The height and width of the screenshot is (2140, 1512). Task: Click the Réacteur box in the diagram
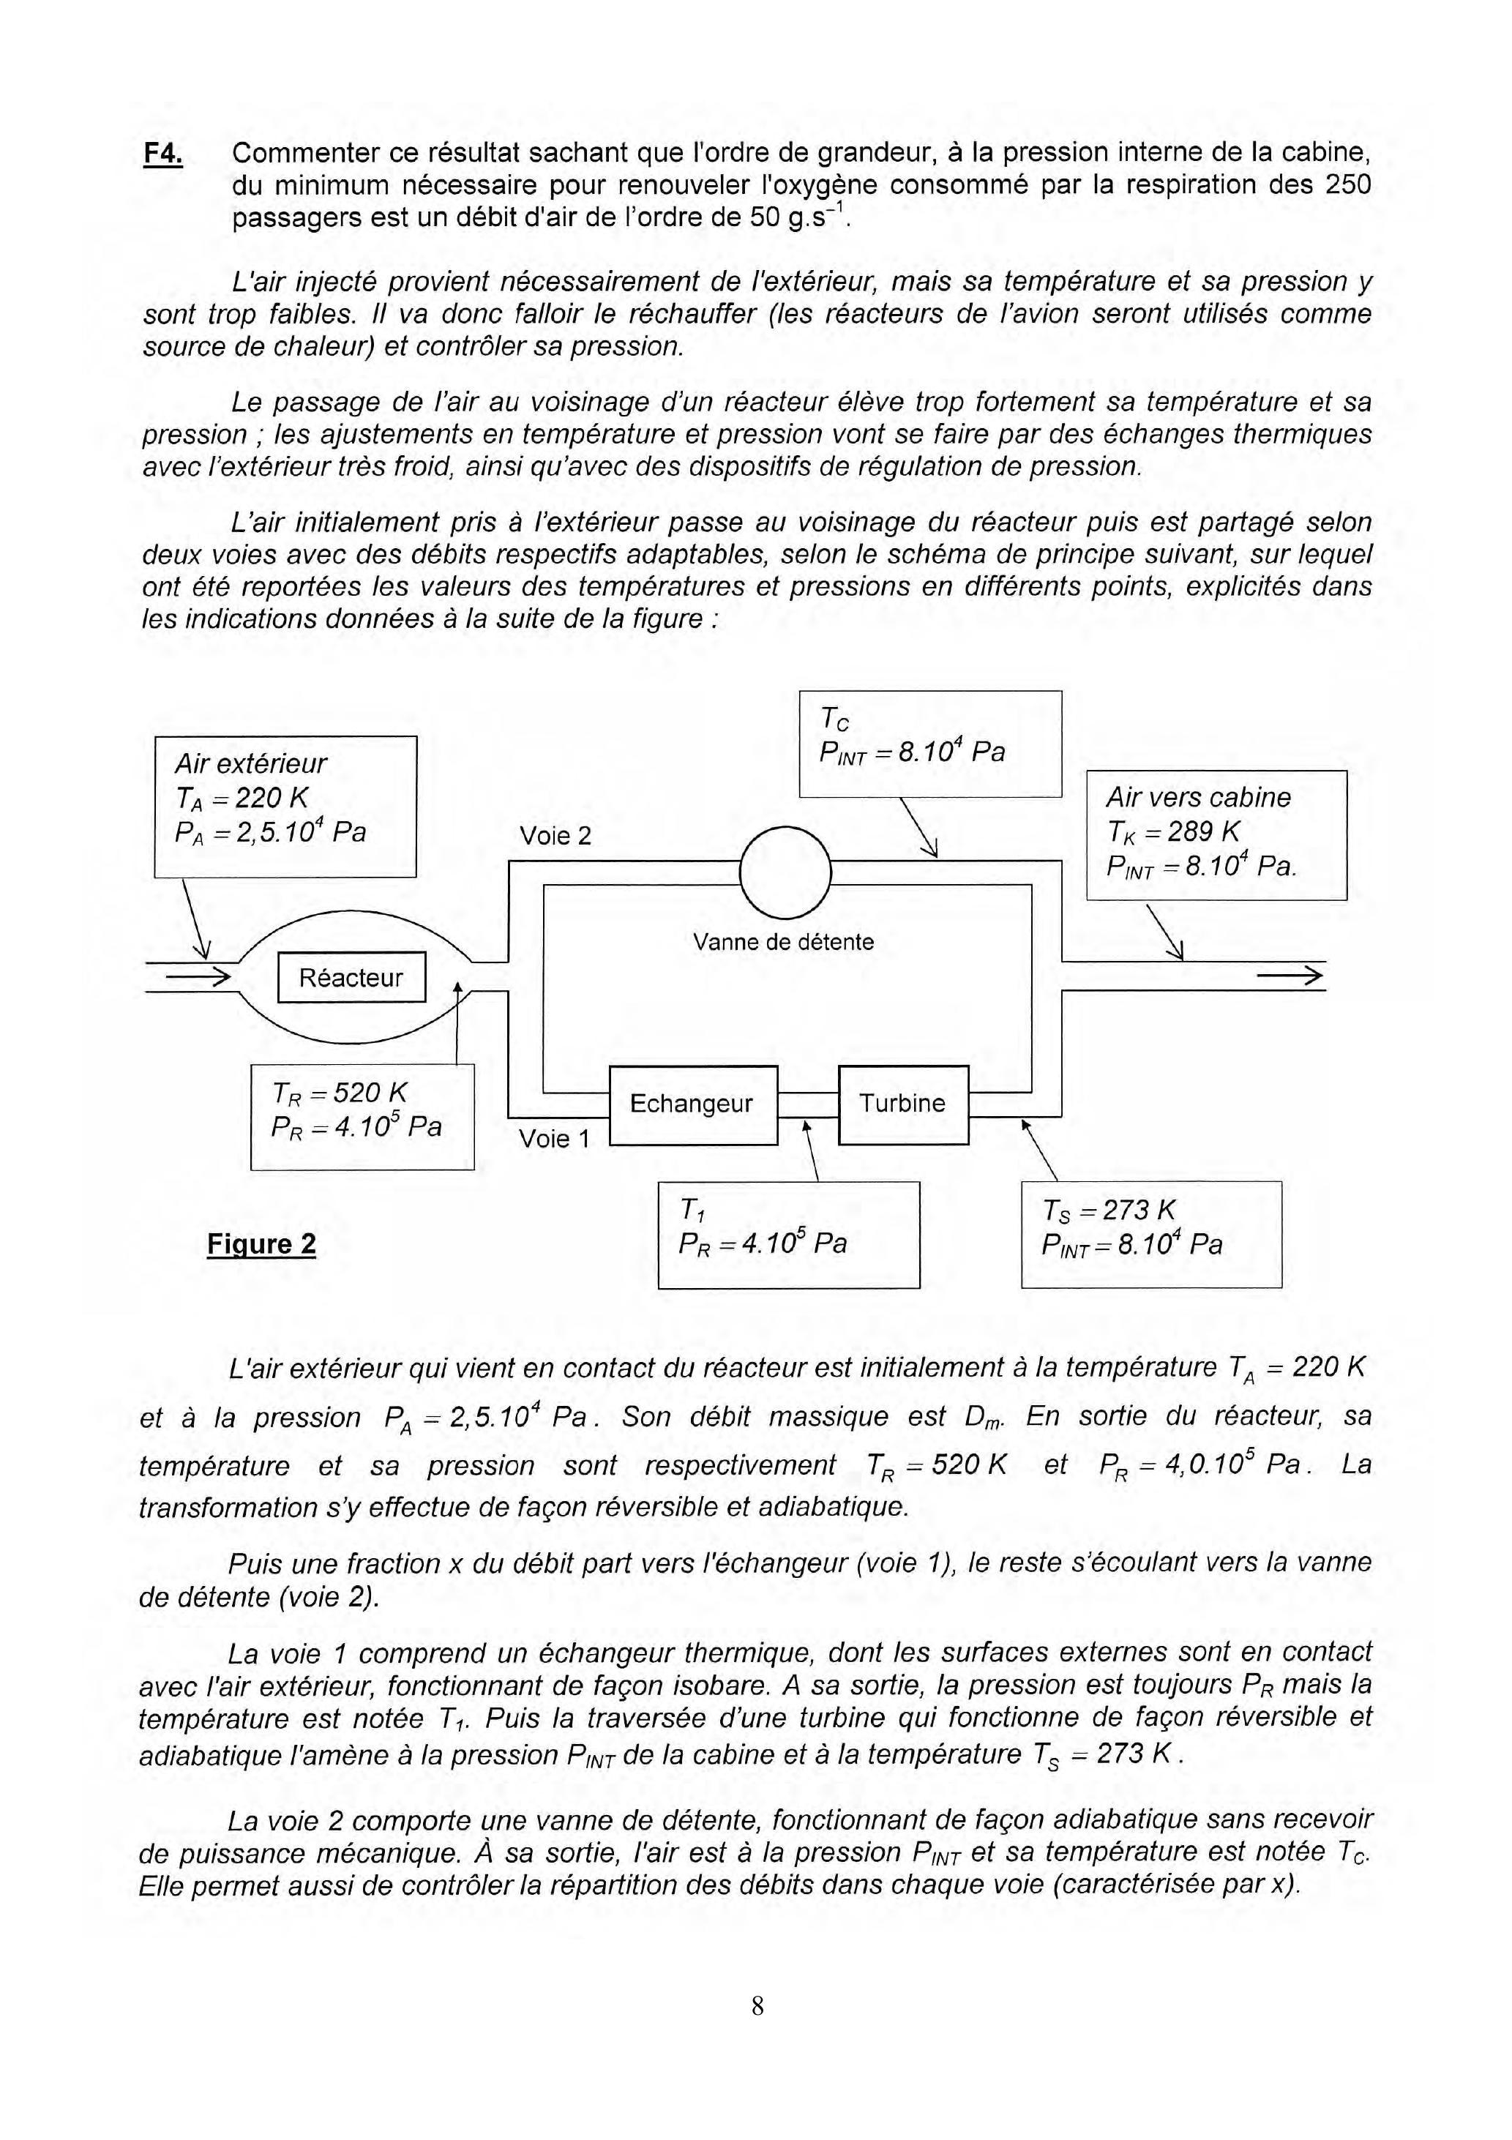click(351, 978)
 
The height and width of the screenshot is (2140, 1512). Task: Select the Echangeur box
click(692, 1104)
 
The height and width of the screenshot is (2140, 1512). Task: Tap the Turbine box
click(902, 1104)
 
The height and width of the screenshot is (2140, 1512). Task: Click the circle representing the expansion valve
click(784, 873)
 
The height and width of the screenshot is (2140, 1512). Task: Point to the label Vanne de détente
click(783, 943)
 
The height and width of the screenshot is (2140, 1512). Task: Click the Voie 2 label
click(555, 836)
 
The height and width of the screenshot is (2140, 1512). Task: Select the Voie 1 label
click(555, 1138)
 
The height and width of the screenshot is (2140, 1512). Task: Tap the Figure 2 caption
click(261, 1244)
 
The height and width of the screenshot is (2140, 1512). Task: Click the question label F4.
click(163, 154)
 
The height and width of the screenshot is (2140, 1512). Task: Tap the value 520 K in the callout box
click(370, 1093)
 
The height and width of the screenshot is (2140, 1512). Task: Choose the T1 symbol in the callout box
click(692, 1211)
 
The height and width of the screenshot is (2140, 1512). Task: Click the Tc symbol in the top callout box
click(834, 719)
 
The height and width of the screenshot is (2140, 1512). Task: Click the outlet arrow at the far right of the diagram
click(1290, 977)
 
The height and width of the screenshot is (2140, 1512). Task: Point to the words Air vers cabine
click(1198, 798)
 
